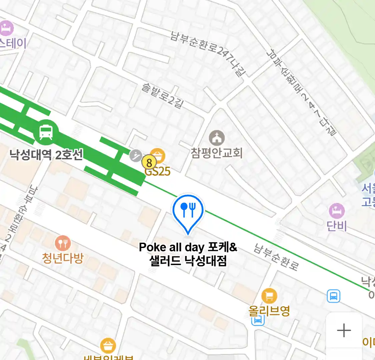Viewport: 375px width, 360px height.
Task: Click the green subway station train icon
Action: [x=46, y=132]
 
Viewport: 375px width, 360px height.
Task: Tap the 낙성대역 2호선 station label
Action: [x=46, y=155]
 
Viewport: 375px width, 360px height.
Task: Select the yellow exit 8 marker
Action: [x=149, y=163]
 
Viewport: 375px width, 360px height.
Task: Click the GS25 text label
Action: [x=157, y=171]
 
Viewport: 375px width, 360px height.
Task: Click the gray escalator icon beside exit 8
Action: [x=136, y=155]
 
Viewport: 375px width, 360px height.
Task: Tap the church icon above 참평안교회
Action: [x=217, y=138]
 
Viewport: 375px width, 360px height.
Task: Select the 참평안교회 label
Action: [x=217, y=153]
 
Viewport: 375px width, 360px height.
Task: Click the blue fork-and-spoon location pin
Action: [x=188, y=210]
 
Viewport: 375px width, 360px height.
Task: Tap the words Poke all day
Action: [x=171, y=247]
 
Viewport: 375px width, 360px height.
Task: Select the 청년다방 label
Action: [x=62, y=258]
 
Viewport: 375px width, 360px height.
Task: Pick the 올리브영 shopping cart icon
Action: [x=269, y=296]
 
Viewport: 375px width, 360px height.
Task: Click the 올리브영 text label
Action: [x=269, y=311]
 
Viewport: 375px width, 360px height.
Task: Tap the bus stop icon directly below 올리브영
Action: [x=258, y=321]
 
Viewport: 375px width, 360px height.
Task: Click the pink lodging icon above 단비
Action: [x=337, y=211]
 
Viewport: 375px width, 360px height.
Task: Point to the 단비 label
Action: [x=337, y=226]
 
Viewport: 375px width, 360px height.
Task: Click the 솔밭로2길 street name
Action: [x=163, y=96]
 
